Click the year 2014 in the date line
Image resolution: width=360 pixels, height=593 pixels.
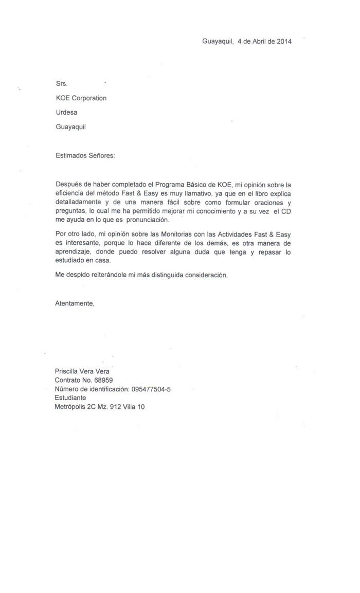click(284, 42)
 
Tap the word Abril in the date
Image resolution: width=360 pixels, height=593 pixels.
click(261, 42)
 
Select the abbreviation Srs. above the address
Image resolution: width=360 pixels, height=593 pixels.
click(61, 83)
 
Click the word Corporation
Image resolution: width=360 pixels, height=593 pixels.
click(89, 98)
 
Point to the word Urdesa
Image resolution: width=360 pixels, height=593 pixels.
click(66, 112)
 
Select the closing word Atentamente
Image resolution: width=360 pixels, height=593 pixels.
click(75, 303)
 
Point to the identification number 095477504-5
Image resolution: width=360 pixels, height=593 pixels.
click(151, 389)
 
